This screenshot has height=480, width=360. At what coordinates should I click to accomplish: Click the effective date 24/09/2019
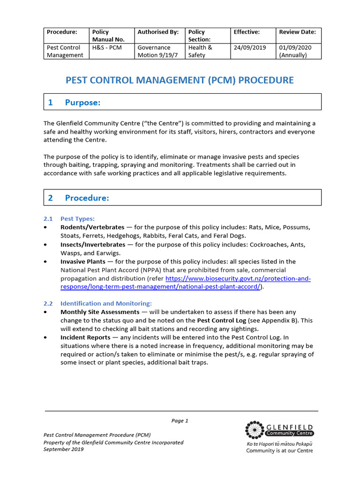tap(249, 47)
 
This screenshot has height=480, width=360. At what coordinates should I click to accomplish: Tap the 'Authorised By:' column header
tap(158, 32)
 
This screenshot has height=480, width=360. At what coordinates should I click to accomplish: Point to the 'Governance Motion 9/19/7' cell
tap(154, 51)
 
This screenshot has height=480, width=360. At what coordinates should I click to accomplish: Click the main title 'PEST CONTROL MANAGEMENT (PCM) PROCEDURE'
tap(180, 80)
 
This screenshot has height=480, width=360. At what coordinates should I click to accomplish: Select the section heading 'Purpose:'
tap(82, 103)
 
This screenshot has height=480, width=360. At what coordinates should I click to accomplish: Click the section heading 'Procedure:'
tap(87, 198)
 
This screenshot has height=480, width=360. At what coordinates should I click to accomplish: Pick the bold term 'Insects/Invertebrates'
tap(93, 245)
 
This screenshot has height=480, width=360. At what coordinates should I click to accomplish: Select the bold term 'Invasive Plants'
tap(82, 262)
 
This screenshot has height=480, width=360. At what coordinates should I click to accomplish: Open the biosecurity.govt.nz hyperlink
tap(238, 279)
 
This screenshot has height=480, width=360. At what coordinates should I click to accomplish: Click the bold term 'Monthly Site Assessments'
tap(99, 312)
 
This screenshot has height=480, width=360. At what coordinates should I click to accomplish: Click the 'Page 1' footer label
tap(180, 420)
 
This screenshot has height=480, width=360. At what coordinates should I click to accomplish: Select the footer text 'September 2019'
tap(64, 449)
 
